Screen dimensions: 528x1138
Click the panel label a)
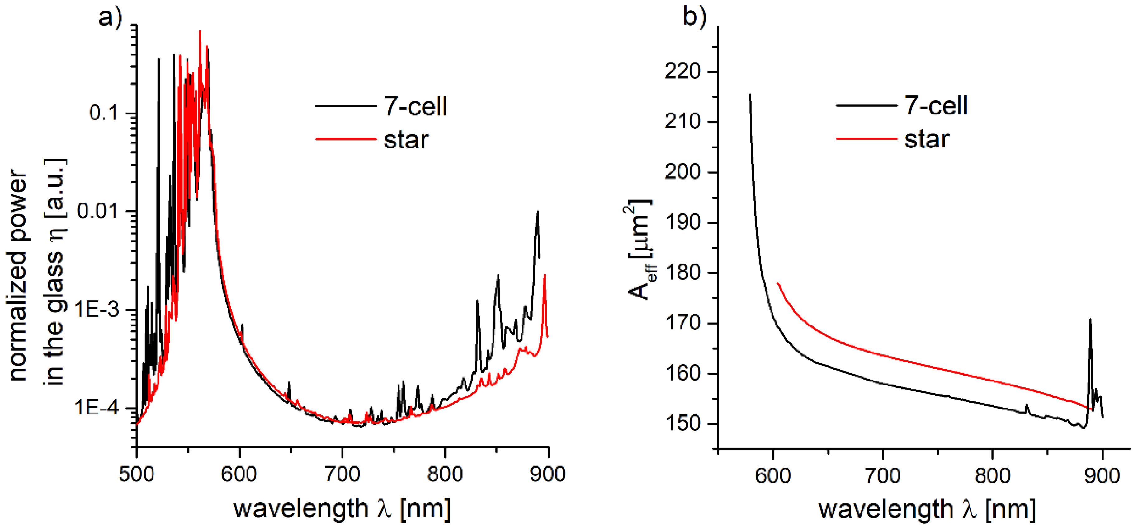point(110,18)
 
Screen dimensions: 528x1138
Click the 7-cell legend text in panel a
point(415,106)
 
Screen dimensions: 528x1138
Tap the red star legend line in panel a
point(346,139)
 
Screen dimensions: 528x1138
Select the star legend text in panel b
point(926,139)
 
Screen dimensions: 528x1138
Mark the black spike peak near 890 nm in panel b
point(1090,319)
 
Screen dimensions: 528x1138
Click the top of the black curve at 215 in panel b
point(750,95)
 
